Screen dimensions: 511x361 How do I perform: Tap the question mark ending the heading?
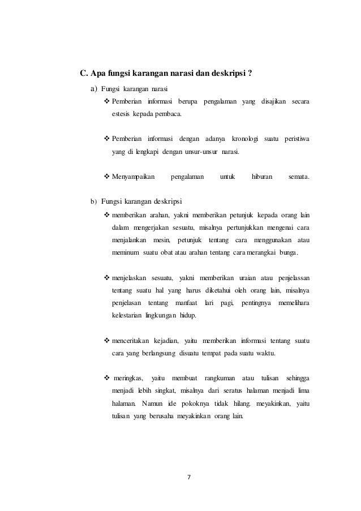tap(250, 73)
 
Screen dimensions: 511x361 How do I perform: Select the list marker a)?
tap(94, 89)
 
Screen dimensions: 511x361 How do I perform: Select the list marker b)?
tap(94, 201)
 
